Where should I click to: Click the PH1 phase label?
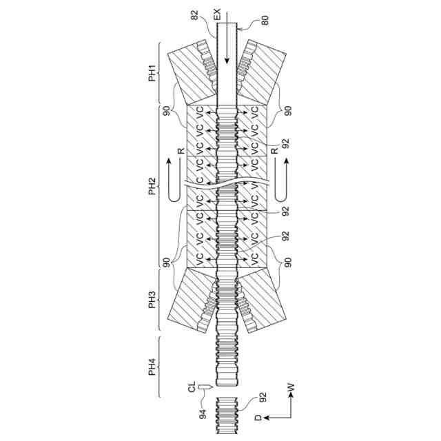coord(152,74)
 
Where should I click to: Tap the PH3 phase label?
coord(152,300)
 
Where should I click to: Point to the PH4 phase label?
coord(152,367)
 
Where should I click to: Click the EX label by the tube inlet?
coord(217,14)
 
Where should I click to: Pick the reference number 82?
coord(194,15)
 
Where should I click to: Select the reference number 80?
coord(265,20)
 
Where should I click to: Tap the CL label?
coord(192,387)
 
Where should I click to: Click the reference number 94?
coord(203,414)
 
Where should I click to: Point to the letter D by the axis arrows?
coord(258,418)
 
